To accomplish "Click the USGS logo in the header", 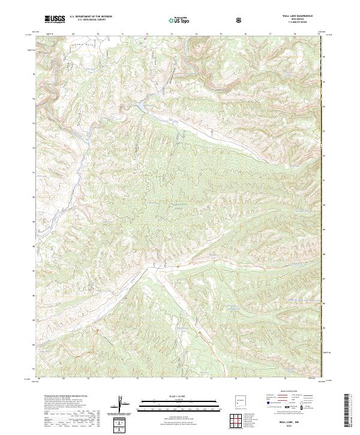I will pos(56,19).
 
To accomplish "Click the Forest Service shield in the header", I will pos(240,20).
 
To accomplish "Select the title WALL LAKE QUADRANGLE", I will pos(296,16).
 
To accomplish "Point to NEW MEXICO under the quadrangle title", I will pos(296,19).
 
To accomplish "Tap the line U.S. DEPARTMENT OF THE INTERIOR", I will pos(91,17).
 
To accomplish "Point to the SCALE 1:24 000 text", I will pos(171,395).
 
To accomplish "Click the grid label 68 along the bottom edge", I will pos(39,379).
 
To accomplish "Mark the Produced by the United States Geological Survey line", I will pos(66,397).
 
